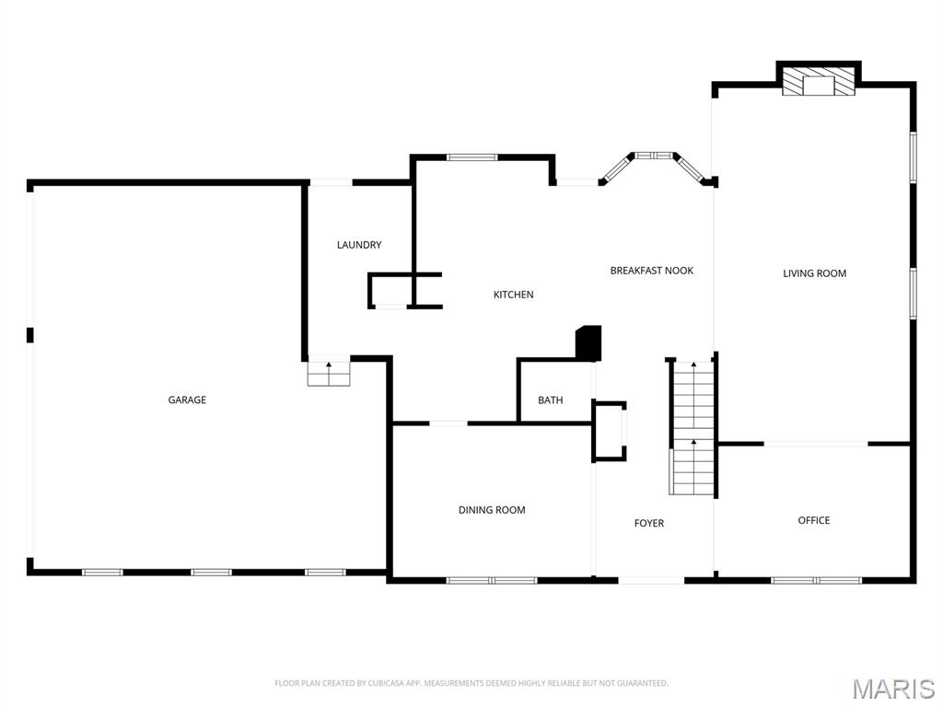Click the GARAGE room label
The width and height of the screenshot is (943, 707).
[x=187, y=400]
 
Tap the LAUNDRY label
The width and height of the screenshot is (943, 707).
[x=359, y=245]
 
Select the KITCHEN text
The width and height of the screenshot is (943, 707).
[x=513, y=295]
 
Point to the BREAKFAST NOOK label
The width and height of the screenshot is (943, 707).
[x=651, y=271]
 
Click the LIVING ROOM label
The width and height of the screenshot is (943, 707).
[x=814, y=273]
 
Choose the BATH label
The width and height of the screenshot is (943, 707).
[x=551, y=400]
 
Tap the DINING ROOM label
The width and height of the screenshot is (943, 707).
[x=492, y=510]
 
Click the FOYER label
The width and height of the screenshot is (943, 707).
[x=648, y=523]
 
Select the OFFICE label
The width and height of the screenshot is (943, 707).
[x=813, y=520]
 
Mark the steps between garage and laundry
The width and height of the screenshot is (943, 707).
[x=329, y=373]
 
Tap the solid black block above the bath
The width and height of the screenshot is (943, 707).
[x=588, y=342]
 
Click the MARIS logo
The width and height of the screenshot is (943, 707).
[x=893, y=689]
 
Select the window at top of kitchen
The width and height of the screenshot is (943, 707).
[x=471, y=157]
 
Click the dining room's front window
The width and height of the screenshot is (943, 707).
[x=491, y=580]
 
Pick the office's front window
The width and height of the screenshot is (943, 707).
[x=816, y=580]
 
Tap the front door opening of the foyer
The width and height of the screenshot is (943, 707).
[x=650, y=580]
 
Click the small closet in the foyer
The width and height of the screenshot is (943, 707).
[x=609, y=430]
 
